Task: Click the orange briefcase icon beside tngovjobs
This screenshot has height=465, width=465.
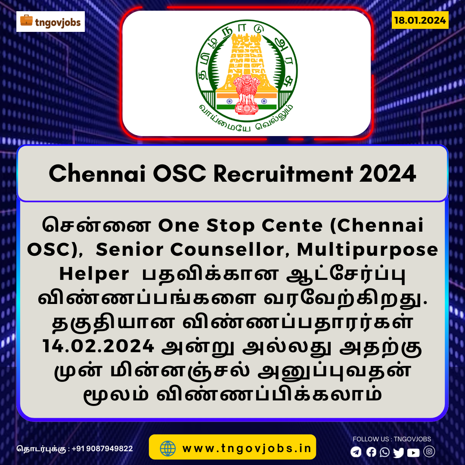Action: point(26,20)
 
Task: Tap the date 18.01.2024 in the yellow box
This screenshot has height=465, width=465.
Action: point(420,20)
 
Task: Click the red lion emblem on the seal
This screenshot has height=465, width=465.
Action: point(246,94)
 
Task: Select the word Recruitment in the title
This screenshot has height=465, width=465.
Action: point(283,174)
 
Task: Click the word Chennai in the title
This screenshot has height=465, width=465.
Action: point(97,174)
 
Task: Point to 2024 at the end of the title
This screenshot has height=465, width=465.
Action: point(388,174)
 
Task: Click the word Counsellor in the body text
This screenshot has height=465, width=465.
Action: point(227,250)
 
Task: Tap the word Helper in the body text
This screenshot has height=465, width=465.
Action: point(94,274)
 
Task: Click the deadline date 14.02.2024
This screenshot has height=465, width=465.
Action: point(99,346)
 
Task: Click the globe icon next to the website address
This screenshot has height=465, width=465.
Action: point(168,448)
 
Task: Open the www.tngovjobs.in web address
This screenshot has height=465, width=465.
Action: point(247,448)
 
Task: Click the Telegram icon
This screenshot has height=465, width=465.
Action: point(356,452)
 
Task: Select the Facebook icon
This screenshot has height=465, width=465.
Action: point(371,452)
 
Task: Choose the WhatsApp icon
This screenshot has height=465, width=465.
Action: point(385,452)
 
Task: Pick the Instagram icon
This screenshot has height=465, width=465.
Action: point(429,451)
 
